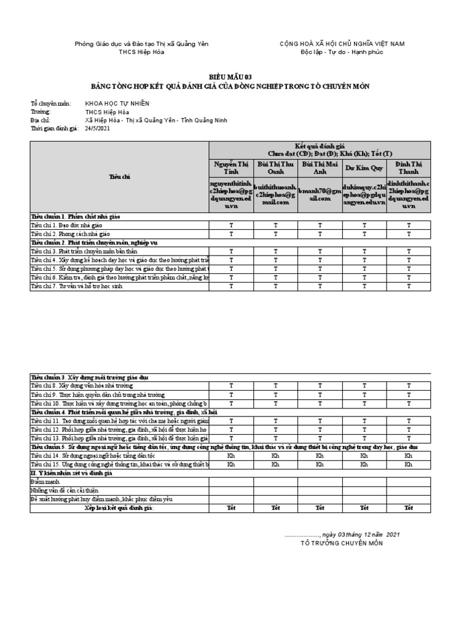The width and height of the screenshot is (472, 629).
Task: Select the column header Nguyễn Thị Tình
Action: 231,168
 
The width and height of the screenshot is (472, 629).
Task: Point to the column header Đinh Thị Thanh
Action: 409,168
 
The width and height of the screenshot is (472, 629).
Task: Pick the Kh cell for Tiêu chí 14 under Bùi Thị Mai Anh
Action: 320,456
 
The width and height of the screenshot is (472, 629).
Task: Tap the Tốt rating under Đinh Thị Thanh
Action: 409,508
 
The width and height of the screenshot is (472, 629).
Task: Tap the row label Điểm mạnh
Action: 45,482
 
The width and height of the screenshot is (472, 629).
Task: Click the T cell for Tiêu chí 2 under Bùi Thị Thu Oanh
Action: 275,234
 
